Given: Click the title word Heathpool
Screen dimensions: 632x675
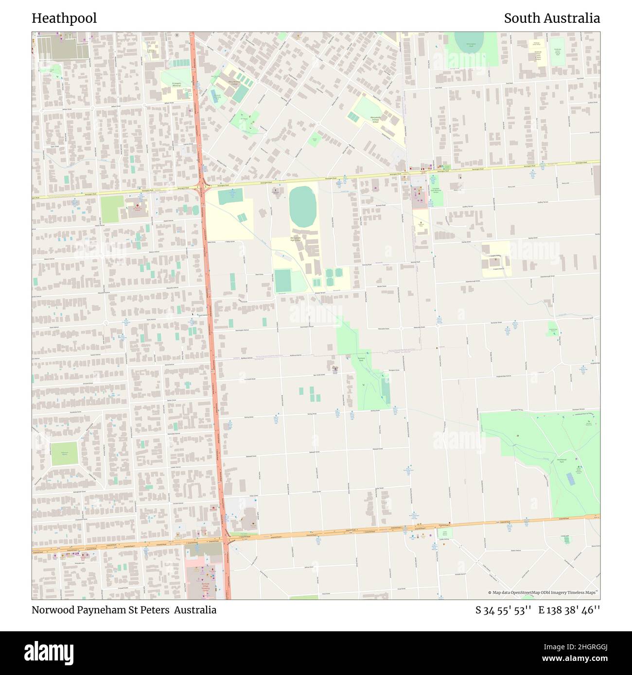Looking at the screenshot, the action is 64,18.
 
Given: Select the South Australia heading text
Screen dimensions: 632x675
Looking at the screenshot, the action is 551,18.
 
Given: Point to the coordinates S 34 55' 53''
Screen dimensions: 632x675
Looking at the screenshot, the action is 500,610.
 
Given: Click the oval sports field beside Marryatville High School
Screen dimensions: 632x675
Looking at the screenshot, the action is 302,204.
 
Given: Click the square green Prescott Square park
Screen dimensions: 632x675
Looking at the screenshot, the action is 64,454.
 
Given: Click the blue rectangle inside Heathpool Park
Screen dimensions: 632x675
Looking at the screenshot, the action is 570,480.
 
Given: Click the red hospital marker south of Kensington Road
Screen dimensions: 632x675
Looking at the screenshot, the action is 137,206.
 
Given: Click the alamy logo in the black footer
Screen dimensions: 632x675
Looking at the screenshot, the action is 49,653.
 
